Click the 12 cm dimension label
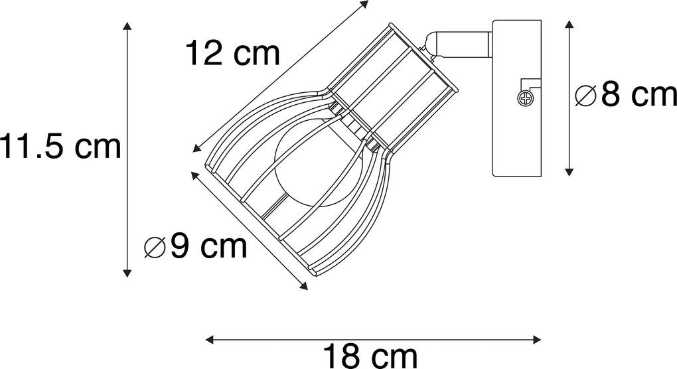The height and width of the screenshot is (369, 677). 233,53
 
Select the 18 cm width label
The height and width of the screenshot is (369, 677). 370,356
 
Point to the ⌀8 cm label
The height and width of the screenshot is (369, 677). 626,95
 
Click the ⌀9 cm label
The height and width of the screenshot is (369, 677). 196,246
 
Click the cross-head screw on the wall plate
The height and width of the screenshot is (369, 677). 525,98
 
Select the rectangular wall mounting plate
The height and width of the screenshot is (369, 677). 517,98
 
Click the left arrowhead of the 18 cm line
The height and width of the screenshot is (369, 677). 209,340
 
